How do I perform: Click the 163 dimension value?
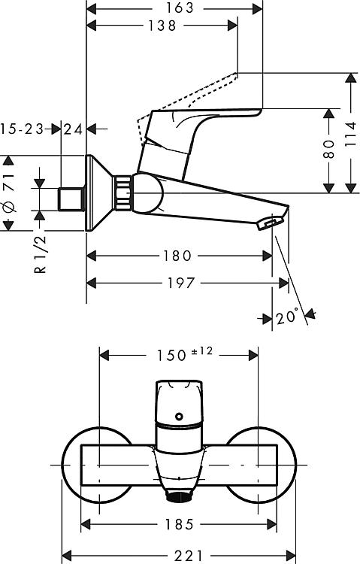(180, 8)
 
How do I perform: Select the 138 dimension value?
(162, 26)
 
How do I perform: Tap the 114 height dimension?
(350, 134)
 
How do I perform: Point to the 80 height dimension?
(328, 150)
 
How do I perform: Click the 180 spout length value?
(177, 256)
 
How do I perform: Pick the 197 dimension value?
(181, 283)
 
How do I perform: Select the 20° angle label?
(287, 317)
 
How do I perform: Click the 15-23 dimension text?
(22, 129)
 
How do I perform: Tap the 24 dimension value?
(73, 129)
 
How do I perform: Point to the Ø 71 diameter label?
(8, 192)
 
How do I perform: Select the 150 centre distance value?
(171, 356)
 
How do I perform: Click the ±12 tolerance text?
(202, 351)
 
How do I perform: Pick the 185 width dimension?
(179, 524)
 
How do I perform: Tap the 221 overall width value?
(189, 556)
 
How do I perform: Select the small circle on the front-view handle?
(179, 417)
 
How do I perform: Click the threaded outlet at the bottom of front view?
(179, 498)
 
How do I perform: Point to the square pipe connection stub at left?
(71, 199)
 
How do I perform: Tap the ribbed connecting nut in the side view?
(123, 193)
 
